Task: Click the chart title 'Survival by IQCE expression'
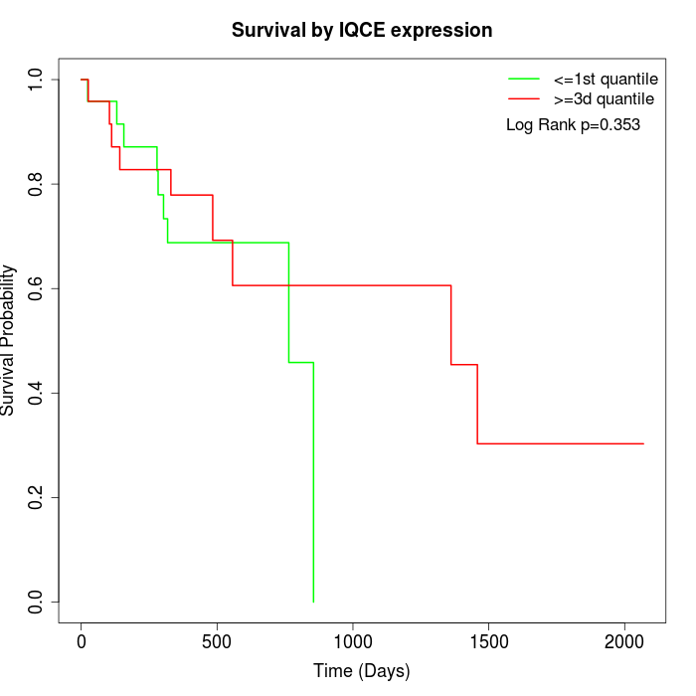click(x=362, y=30)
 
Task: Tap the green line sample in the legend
click(x=523, y=78)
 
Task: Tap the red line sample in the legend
click(x=523, y=98)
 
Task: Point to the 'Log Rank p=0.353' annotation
click(x=573, y=125)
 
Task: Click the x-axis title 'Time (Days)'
click(x=361, y=671)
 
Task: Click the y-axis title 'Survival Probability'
click(x=10, y=340)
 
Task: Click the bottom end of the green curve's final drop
click(x=313, y=601)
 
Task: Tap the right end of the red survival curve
click(x=643, y=443)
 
